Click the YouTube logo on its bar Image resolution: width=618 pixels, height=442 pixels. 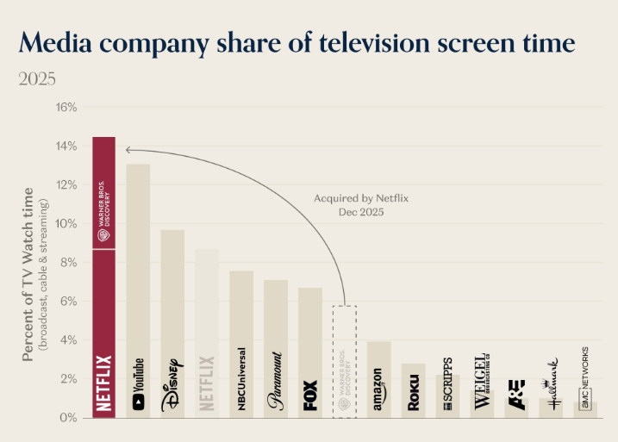point(138,383)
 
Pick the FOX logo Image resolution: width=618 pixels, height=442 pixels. point(310,395)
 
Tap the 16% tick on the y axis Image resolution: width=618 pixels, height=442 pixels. point(66,108)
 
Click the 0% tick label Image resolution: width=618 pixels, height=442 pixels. point(69,418)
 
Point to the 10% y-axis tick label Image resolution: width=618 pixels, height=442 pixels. point(66,224)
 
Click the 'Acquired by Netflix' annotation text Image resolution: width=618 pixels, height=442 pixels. point(361,198)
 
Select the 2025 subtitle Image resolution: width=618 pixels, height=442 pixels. point(37,79)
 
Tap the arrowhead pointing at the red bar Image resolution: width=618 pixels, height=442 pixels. point(129,150)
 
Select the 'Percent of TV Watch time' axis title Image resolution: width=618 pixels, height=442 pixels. point(28,273)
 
